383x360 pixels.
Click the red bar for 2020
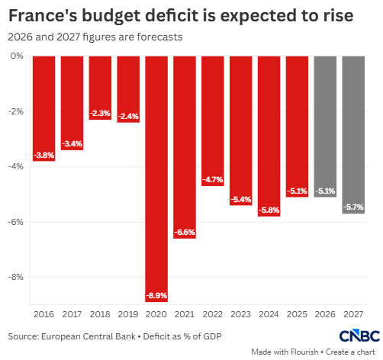pos(156,179)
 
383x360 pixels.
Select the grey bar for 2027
pos(353,135)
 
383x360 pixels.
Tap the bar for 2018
pos(100,88)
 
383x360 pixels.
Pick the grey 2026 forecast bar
pos(325,127)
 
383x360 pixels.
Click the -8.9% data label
pos(156,296)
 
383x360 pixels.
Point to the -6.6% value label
pos(185,232)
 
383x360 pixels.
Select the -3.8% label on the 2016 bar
pos(44,155)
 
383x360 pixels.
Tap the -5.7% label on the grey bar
pos(353,207)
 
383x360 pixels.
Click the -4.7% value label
pos(213,180)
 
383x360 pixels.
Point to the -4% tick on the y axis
pos(16,166)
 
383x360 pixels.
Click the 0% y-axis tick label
pos(17,56)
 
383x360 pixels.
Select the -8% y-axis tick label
pos(16,277)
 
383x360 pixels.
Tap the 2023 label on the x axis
pos(241,314)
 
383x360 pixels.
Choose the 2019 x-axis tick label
pos(128,314)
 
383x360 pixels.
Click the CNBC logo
pos(359,336)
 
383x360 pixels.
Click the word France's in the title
pos(43,15)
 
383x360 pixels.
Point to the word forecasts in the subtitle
pos(159,37)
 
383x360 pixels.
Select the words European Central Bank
pos(89,336)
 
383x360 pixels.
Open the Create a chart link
pos(350,352)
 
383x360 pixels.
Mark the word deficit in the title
pos(172,15)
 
